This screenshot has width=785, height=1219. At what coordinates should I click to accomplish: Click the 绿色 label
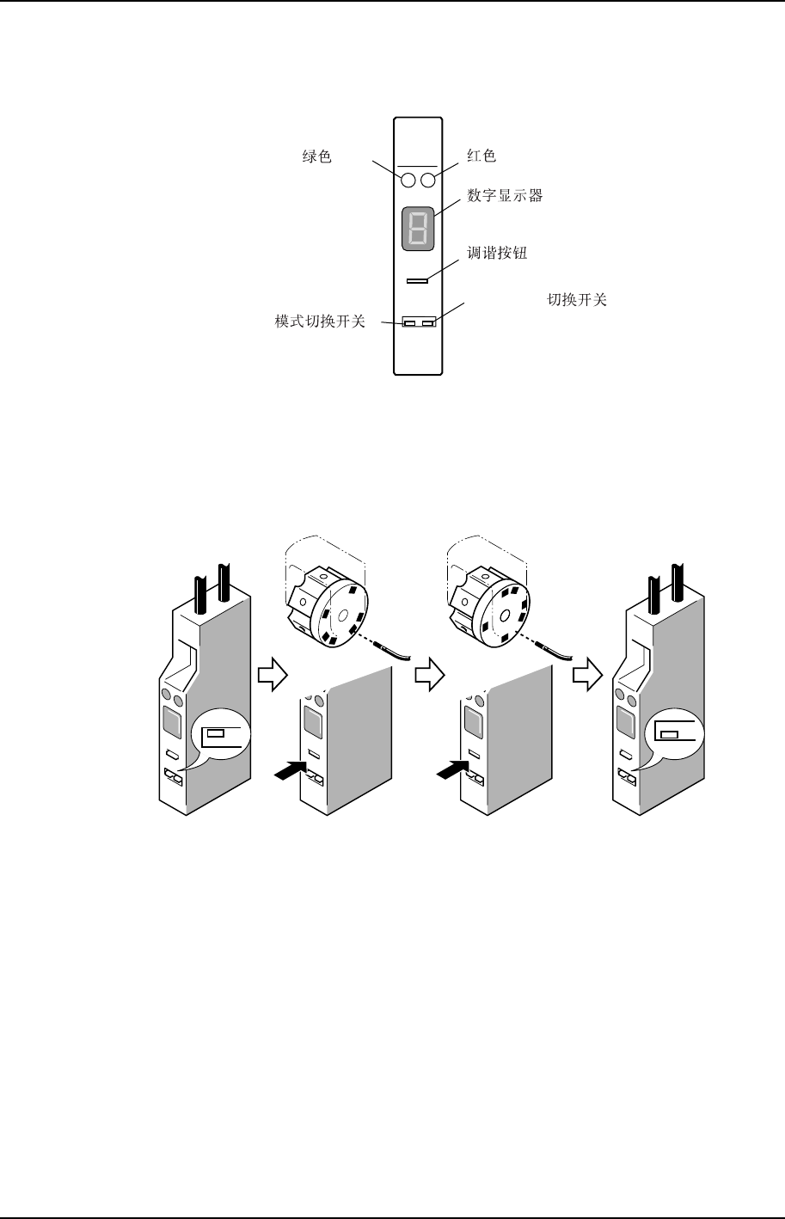pyautogui.click(x=317, y=157)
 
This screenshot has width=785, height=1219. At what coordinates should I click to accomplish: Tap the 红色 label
pyautogui.click(x=481, y=156)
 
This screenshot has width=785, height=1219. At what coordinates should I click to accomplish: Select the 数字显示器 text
pyautogui.click(x=505, y=196)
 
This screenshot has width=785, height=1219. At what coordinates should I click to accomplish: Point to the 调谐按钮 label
pyautogui.click(x=497, y=254)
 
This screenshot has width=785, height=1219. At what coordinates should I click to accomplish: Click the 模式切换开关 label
pyautogui.click(x=320, y=322)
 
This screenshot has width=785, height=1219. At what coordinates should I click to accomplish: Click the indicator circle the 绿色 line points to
pyautogui.click(x=408, y=180)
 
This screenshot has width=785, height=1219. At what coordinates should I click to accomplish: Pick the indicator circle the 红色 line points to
pyautogui.click(x=427, y=180)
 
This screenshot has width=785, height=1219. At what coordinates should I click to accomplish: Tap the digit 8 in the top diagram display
pyautogui.click(x=418, y=230)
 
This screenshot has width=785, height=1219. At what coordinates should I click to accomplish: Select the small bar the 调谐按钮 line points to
pyautogui.click(x=418, y=279)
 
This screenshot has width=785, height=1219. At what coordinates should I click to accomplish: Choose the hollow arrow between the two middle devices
pyautogui.click(x=427, y=677)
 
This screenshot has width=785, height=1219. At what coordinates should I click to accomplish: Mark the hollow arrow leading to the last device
pyautogui.click(x=586, y=677)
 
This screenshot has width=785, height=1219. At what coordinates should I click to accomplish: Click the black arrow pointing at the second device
pyautogui.click(x=291, y=771)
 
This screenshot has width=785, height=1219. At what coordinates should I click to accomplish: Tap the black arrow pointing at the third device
pyautogui.click(x=452, y=771)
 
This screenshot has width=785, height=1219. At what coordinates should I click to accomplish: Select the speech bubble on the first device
pyautogui.click(x=222, y=737)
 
